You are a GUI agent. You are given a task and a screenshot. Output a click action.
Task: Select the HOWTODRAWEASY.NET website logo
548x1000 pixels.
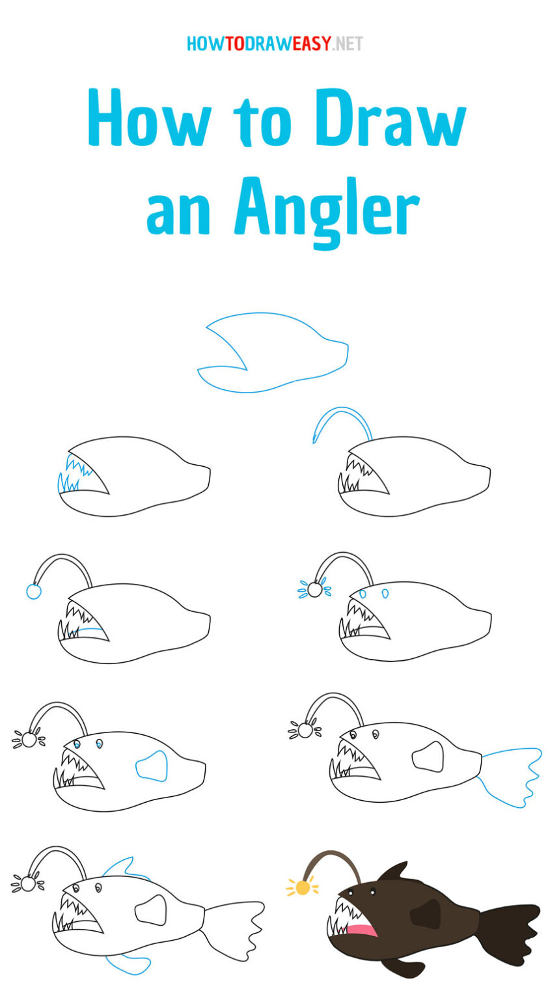coord(274,44)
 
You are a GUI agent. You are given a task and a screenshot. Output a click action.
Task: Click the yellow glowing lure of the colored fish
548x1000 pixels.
coord(303,887)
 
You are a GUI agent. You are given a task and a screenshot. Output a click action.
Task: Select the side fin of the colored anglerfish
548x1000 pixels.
coord(427,913)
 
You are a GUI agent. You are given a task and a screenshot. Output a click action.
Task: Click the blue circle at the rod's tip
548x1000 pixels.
coord(33,591)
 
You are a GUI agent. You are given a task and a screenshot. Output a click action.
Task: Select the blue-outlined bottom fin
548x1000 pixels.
coord(127,964)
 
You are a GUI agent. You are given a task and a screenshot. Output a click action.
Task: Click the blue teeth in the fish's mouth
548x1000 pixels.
coord(72,473)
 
